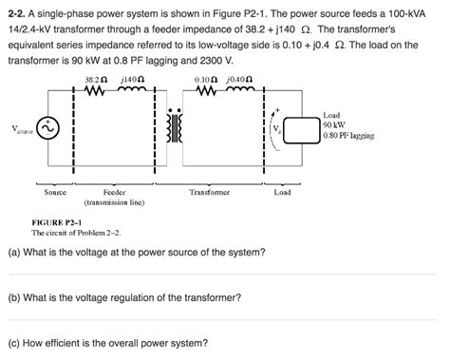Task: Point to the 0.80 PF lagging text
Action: (x=347, y=135)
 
